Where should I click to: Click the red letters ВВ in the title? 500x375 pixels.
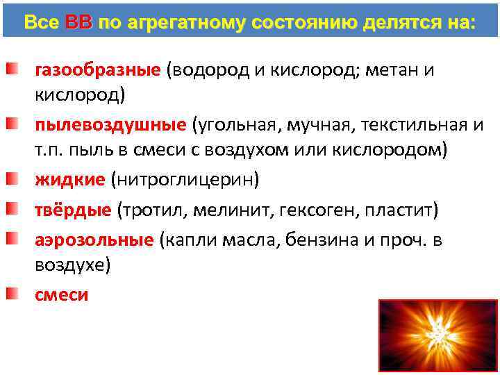click(x=78, y=22)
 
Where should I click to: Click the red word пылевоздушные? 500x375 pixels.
click(x=110, y=125)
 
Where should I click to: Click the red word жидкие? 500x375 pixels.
click(x=69, y=180)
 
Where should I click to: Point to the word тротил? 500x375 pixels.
click(x=153, y=210)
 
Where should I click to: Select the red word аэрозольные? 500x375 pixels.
click(x=94, y=240)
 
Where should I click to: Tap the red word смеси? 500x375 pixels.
click(x=62, y=294)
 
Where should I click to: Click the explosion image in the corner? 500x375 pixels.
click(x=438, y=336)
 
